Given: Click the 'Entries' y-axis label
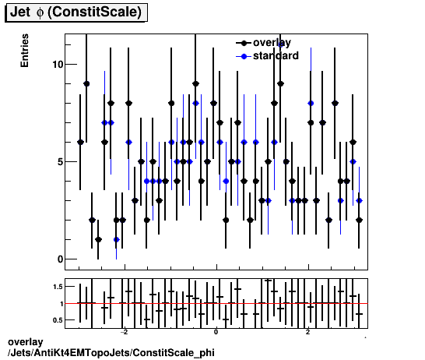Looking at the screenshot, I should click(x=25, y=51).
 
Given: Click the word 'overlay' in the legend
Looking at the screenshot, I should click(x=272, y=43).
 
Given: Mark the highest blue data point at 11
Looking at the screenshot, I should click(x=280, y=44).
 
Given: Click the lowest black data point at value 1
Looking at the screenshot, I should click(x=98, y=239).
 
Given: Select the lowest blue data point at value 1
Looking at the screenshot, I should click(x=117, y=239).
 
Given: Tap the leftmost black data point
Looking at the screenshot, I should click(x=80, y=142).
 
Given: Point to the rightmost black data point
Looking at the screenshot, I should click(x=359, y=220).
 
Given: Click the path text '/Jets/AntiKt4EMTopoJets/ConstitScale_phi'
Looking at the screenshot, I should click(x=109, y=353).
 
